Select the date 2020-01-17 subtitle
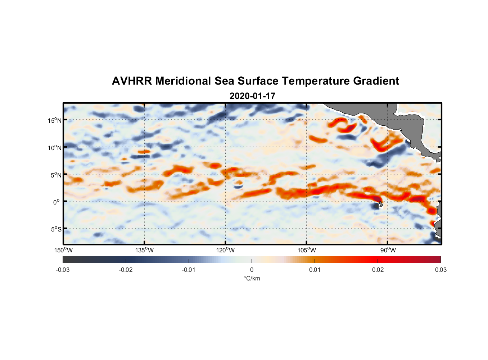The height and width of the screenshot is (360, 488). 252,96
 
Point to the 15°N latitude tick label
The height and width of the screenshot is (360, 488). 55,120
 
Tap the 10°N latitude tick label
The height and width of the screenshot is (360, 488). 55,148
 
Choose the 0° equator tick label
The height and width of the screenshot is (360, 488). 57,202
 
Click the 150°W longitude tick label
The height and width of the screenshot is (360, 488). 64,250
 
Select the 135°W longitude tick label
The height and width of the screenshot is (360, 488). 145,250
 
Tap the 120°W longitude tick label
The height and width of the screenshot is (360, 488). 226,250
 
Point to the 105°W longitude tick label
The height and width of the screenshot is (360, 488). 307,250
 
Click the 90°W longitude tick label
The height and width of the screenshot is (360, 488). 388,250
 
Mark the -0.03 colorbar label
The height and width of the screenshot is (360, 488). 63,270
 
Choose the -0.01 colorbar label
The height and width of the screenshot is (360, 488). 189,270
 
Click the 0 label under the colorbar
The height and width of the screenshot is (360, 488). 252,270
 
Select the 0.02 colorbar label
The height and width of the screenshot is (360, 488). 378,270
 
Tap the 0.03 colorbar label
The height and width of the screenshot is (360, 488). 440,270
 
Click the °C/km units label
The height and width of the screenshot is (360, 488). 252,278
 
